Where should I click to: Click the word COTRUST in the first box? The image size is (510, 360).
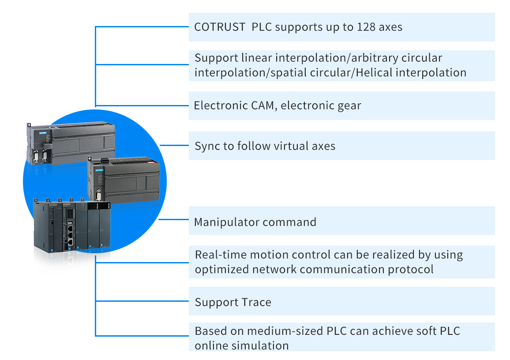click(x=220, y=27)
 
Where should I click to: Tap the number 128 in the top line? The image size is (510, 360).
click(x=366, y=27)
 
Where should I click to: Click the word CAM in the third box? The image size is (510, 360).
click(x=261, y=105)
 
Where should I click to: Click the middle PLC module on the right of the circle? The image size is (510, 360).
click(x=124, y=180)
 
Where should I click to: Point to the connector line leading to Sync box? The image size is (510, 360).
click(x=174, y=145)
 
